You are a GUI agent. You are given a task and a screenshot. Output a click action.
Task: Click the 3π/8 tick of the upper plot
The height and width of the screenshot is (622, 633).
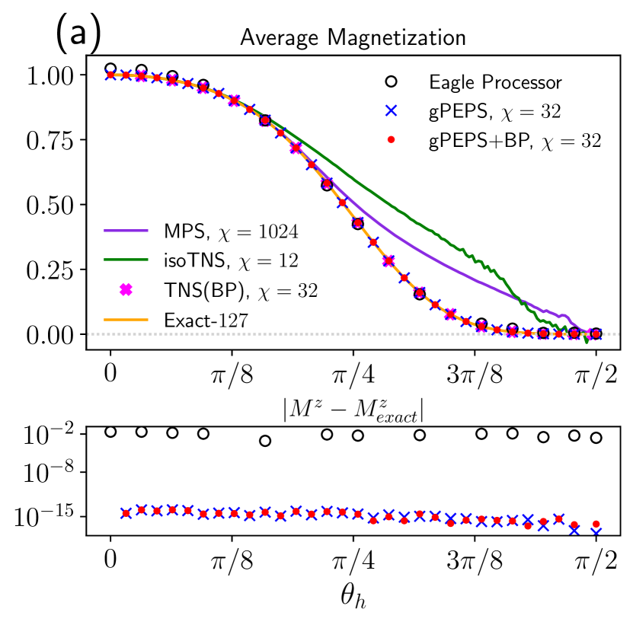pos(475,375)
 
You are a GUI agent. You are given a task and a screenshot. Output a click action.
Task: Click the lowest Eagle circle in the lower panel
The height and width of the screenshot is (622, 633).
pos(265,441)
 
